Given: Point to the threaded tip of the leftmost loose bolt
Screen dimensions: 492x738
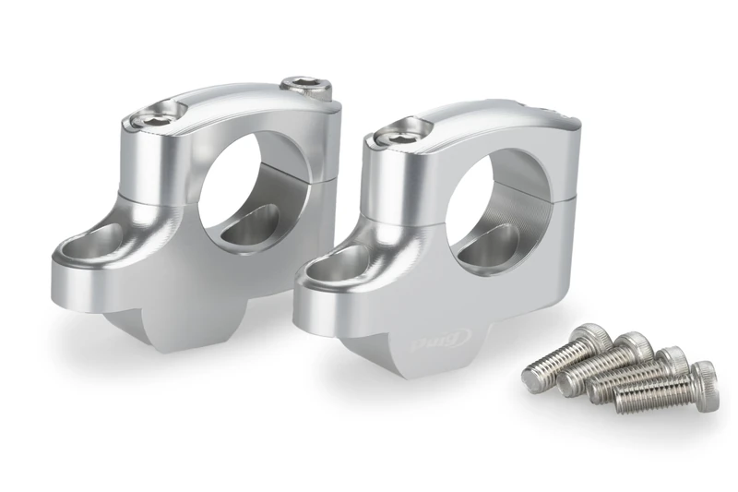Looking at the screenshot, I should (532, 377).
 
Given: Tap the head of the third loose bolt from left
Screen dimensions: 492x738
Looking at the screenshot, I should (671, 361).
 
